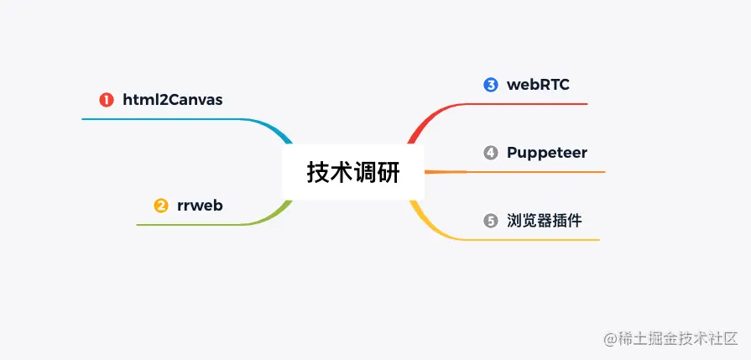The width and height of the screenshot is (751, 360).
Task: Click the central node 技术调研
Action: (353, 172)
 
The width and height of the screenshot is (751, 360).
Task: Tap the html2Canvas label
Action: (173, 101)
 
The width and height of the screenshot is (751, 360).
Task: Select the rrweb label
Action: (200, 206)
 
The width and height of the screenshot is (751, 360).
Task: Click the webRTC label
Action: (538, 85)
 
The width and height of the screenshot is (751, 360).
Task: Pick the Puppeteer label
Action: (546, 153)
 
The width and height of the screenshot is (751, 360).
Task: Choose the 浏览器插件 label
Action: (544, 222)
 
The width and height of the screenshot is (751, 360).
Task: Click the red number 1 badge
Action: (107, 101)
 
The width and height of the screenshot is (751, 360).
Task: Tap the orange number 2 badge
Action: (161, 206)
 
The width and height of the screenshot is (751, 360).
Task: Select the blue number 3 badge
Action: (491, 85)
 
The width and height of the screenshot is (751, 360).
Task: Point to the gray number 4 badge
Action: (491, 153)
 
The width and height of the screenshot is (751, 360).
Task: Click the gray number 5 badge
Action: (491, 222)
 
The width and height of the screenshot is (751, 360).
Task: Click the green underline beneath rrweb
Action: (193, 225)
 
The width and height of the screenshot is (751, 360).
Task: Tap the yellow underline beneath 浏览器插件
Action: (537, 240)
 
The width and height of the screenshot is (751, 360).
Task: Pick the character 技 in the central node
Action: (318, 172)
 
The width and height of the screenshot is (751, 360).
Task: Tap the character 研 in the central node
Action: (389, 172)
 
